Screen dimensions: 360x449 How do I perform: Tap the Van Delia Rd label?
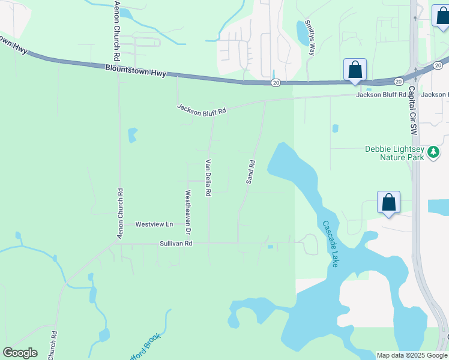pyautogui.click(x=209, y=178)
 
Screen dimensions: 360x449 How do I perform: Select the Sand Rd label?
pyautogui.click(x=252, y=172)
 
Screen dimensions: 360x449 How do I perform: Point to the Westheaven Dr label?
pyautogui.click(x=188, y=212)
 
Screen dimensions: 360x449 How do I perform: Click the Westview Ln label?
pyautogui.click(x=154, y=224)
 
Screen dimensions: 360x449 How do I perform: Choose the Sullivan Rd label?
pyautogui.click(x=176, y=244)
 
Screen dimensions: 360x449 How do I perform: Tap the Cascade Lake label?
pyautogui.click(x=331, y=244)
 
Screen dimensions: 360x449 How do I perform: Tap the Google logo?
pyautogui.click(x=20, y=352)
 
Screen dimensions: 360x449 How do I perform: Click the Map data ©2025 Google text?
pyautogui.click(x=412, y=355)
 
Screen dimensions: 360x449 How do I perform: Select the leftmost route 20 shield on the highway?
pyautogui.click(x=276, y=82)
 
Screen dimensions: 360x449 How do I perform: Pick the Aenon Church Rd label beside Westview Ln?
pyautogui.click(x=120, y=214)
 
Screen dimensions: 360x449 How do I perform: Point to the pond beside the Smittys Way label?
pyautogui.click(x=302, y=33)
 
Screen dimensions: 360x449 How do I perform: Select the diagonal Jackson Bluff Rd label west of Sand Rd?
pyautogui.click(x=201, y=110)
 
